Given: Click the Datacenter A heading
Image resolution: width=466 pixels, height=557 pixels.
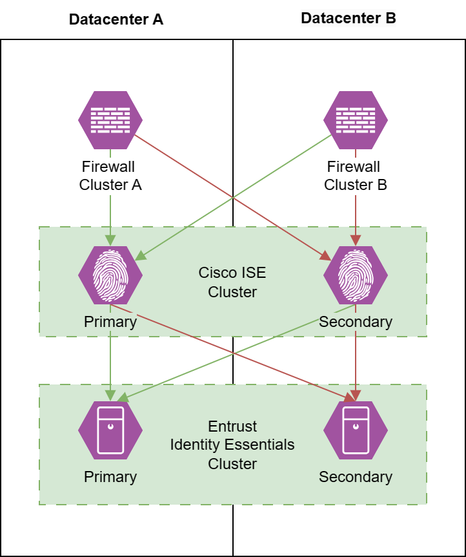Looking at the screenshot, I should coord(116,19).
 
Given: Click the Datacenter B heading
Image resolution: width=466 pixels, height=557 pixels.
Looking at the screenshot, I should coord(349,18).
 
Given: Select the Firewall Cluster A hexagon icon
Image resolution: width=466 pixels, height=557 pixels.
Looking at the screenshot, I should coord(110,120).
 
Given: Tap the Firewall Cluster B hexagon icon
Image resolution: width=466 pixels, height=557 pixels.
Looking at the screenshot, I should coord(356,120).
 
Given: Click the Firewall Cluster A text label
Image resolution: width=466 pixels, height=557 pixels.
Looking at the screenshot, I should coord(110,176).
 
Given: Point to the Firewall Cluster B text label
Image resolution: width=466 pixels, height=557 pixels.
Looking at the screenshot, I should coord(356,176).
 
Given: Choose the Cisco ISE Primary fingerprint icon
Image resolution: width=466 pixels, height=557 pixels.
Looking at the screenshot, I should coord(110,275).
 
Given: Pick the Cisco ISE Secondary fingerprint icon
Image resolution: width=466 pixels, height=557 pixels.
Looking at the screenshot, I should coord(356,275).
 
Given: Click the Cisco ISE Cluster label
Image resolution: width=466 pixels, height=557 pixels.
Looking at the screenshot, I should coord(232,282).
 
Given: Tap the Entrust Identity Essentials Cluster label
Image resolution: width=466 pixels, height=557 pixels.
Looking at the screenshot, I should coord(232,445).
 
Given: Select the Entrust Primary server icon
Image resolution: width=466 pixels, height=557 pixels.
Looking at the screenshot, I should coord(110,430).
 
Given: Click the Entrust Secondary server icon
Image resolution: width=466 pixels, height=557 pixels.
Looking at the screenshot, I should coord(356,430).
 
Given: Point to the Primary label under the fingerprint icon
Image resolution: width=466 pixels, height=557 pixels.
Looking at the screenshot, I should coord(110,322).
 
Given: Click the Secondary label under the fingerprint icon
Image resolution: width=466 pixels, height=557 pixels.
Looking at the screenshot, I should coord(356,322).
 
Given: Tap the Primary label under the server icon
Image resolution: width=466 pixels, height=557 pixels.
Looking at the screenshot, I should coord(110,477).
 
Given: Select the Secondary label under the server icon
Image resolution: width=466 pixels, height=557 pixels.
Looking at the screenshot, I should coord(356,477).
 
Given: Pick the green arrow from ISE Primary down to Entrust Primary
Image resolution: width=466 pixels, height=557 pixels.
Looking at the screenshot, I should coord(110,362).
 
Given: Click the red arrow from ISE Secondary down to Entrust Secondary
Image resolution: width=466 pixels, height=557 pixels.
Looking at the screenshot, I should coord(356,362).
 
